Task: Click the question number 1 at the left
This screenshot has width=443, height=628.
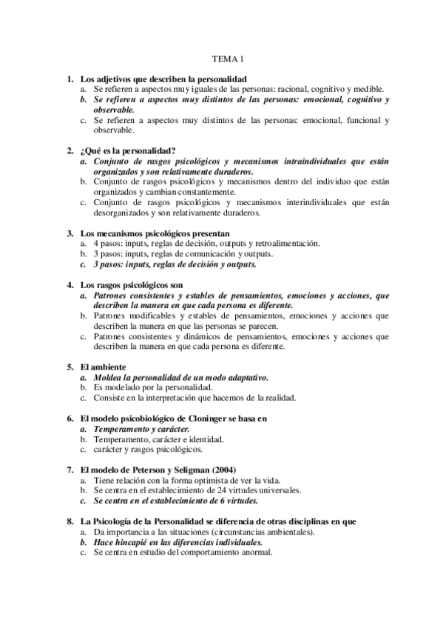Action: tap(70, 78)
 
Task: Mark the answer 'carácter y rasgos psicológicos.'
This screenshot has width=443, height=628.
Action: tap(148, 449)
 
